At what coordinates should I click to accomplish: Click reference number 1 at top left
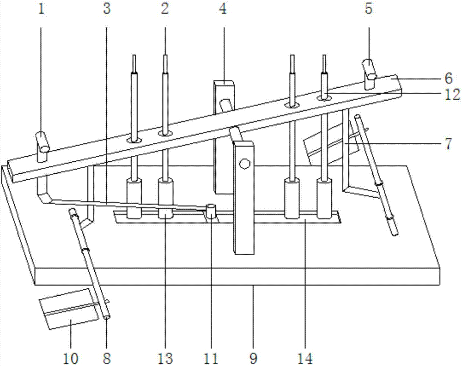click(x=41, y=9)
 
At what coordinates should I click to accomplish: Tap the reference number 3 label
click(x=107, y=9)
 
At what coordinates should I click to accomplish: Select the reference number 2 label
click(x=165, y=9)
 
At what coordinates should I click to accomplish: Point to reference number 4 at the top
click(x=223, y=9)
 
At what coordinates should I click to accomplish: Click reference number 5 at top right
click(x=369, y=9)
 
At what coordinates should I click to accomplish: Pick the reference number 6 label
click(x=449, y=79)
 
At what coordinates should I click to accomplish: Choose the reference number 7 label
click(x=449, y=144)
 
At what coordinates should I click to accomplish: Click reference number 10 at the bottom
click(x=71, y=359)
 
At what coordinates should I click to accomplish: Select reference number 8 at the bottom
click(x=107, y=359)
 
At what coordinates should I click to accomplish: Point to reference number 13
click(x=165, y=359)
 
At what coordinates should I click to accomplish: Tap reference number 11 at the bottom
click(x=211, y=359)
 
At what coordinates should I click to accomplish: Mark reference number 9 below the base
click(x=253, y=359)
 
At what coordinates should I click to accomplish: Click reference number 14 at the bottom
click(x=305, y=359)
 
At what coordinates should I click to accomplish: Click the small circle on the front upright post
click(x=244, y=164)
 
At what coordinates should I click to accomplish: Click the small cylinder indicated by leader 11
click(x=211, y=212)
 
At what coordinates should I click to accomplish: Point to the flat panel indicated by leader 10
click(x=69, y=309)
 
